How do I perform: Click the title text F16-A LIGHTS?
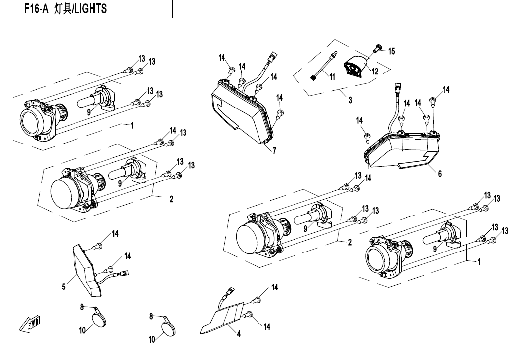[65, 8]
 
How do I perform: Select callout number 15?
[391, 51]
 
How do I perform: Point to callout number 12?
[375, 71]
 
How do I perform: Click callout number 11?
[332, 77]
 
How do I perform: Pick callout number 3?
[350, 100]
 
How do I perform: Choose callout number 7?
[274, 151]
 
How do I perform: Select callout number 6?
[440, 174]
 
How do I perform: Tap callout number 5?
[64, 287]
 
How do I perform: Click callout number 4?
[239, 334]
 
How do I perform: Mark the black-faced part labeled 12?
[356, 67]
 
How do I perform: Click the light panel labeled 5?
[87, 270]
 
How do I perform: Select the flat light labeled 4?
[223, 318]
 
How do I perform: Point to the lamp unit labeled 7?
[243, 110]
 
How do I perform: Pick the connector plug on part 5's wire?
[124, 273]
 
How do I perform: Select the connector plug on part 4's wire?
[230, 291]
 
